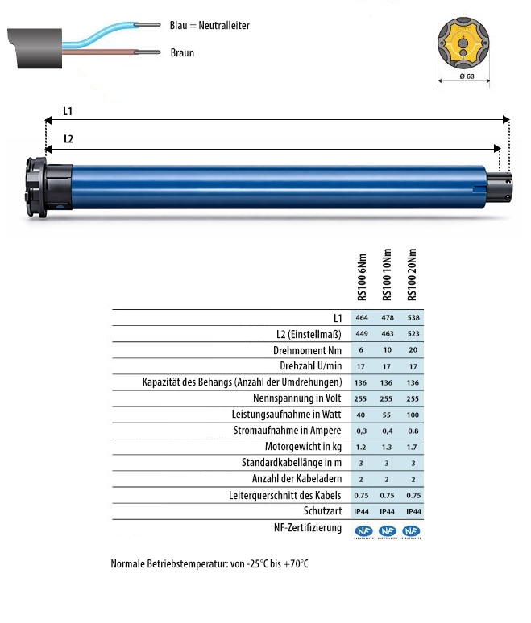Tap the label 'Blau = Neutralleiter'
coord(209,26)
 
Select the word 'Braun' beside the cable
coord(182,53)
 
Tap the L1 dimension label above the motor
coord(69,111)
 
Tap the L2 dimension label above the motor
coord(69,138)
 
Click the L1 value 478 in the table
coord(388,318)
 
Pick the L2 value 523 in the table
coord(413,334)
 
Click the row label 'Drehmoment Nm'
coord(308,351)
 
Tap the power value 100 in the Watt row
coord(413,415)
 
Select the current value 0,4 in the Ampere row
coord(388,431)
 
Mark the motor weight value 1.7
coord(413,447)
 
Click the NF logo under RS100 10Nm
coord(388,531)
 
